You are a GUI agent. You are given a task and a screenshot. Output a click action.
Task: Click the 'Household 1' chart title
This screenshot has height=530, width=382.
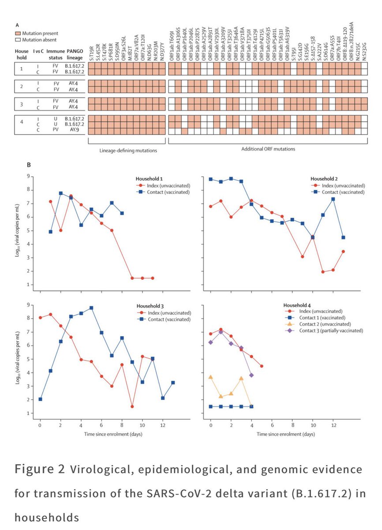pos(148,178)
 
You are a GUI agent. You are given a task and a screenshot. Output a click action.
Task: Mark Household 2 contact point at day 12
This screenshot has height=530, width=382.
pos(333,199)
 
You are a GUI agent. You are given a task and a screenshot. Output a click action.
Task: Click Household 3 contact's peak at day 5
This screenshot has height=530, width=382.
pos(91,308)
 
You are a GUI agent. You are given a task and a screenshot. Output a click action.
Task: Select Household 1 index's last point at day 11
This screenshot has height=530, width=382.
pos(153,278)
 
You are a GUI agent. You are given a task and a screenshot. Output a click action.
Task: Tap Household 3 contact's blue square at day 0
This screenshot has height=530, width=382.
pos(40,399)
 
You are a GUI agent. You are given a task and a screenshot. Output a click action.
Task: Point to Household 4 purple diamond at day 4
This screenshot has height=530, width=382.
pos(251,375)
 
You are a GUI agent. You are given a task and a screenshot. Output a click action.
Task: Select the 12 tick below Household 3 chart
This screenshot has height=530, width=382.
pos(163,426)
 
